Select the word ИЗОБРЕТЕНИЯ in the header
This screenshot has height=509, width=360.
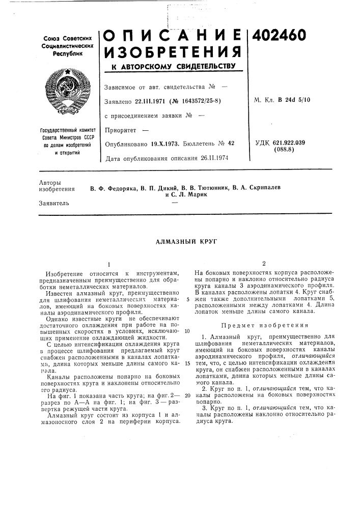[172, 52]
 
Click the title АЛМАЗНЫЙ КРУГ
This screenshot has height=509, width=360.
[179, 242]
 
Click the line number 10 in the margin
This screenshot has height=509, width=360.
[187, 331]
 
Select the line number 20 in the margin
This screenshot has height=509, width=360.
[187, 395]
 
